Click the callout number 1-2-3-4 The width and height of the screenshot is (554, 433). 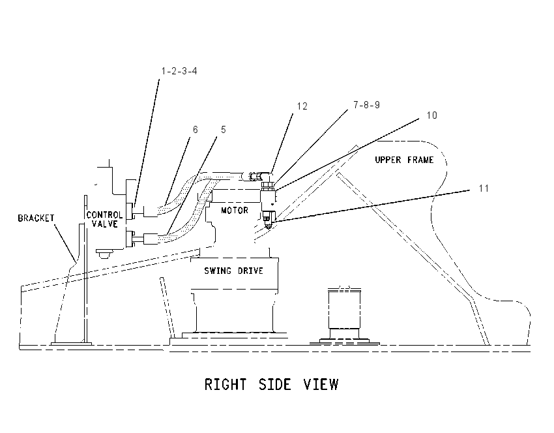click(179, 71)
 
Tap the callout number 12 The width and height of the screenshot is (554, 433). click(302, 106)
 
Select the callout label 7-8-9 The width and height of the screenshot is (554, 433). click(366, 104)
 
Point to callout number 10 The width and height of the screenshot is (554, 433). click(431, 115)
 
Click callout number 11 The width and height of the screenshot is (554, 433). click(484, 188)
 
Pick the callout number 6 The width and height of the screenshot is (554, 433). click(196, 129)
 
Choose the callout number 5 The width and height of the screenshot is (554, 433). click(224, 129)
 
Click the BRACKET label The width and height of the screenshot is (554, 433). click(36, 218)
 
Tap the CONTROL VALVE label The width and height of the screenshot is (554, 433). click(104, 219)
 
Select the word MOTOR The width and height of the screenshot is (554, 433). click(235, 211)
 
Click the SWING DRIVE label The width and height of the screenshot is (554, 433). click(233, 271)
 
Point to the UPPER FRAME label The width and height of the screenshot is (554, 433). click(404, 160)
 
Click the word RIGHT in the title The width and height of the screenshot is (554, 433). click(226, 384)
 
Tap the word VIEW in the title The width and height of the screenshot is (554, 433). click(321, 384)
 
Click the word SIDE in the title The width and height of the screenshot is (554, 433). click(275, 384)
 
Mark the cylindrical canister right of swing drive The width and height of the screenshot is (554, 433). click(345, 309)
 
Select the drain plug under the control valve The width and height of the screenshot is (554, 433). click(104, 254)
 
